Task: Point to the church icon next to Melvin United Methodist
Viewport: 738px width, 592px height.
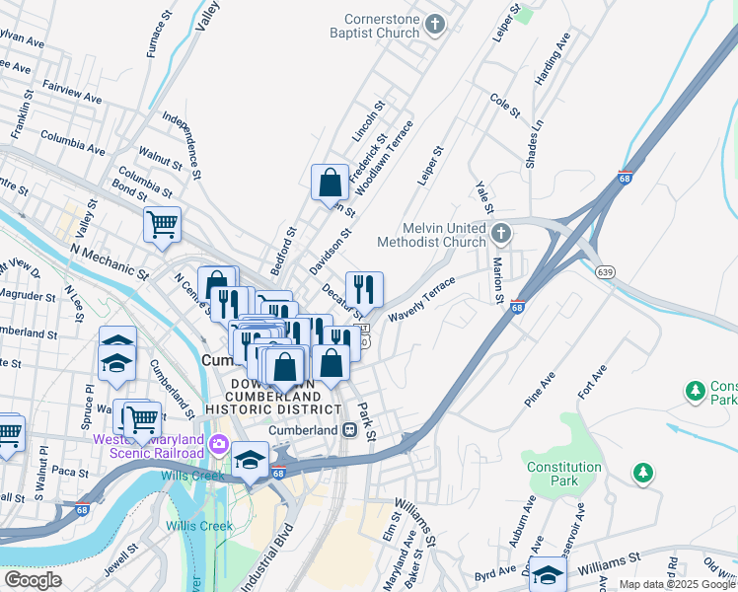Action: (502, 234)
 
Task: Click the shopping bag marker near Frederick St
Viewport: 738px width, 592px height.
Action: (330, 183)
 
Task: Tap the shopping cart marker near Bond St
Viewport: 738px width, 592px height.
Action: (162, 223)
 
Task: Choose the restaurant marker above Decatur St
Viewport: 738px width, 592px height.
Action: (364, 289)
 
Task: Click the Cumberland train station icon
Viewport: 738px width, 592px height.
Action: (349, 430)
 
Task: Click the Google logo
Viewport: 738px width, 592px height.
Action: (33, 580)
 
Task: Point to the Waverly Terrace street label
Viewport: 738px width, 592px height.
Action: (421, 299)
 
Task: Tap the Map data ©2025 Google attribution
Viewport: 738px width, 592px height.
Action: (676, 584)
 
